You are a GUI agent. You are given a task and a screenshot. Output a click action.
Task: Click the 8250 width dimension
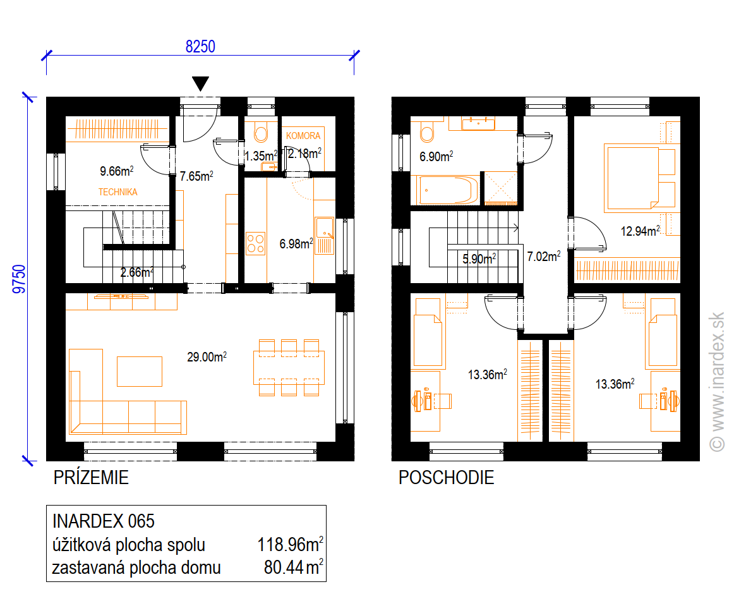(200, 47)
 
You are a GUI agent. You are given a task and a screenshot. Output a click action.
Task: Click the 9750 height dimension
(19, 279)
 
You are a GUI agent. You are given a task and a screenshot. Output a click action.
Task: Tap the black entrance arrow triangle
(201, 83)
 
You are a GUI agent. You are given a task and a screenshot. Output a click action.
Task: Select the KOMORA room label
(303, 136)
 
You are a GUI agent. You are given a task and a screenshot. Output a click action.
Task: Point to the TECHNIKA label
(118, 192)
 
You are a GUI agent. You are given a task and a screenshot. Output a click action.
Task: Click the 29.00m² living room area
(207, 356)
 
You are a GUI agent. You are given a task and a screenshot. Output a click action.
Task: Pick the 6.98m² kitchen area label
(296, 244)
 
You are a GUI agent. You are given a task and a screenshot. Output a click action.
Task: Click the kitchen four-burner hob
(255, 243)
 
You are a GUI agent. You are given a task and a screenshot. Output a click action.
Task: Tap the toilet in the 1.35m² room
(261, 132)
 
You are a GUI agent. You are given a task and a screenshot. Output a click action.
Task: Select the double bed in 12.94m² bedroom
(640, 178)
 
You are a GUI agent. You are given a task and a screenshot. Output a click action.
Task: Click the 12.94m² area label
(641, 231)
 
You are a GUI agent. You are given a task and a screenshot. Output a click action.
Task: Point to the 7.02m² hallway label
(543, 257)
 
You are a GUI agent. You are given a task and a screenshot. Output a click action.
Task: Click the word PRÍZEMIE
(91, 477)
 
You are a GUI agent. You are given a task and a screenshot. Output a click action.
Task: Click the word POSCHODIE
(446, 477)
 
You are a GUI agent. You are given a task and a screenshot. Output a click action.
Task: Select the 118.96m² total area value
(290, 545)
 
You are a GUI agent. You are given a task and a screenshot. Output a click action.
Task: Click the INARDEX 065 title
(103, 521)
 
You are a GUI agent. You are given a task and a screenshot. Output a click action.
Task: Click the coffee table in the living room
(140, 371)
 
